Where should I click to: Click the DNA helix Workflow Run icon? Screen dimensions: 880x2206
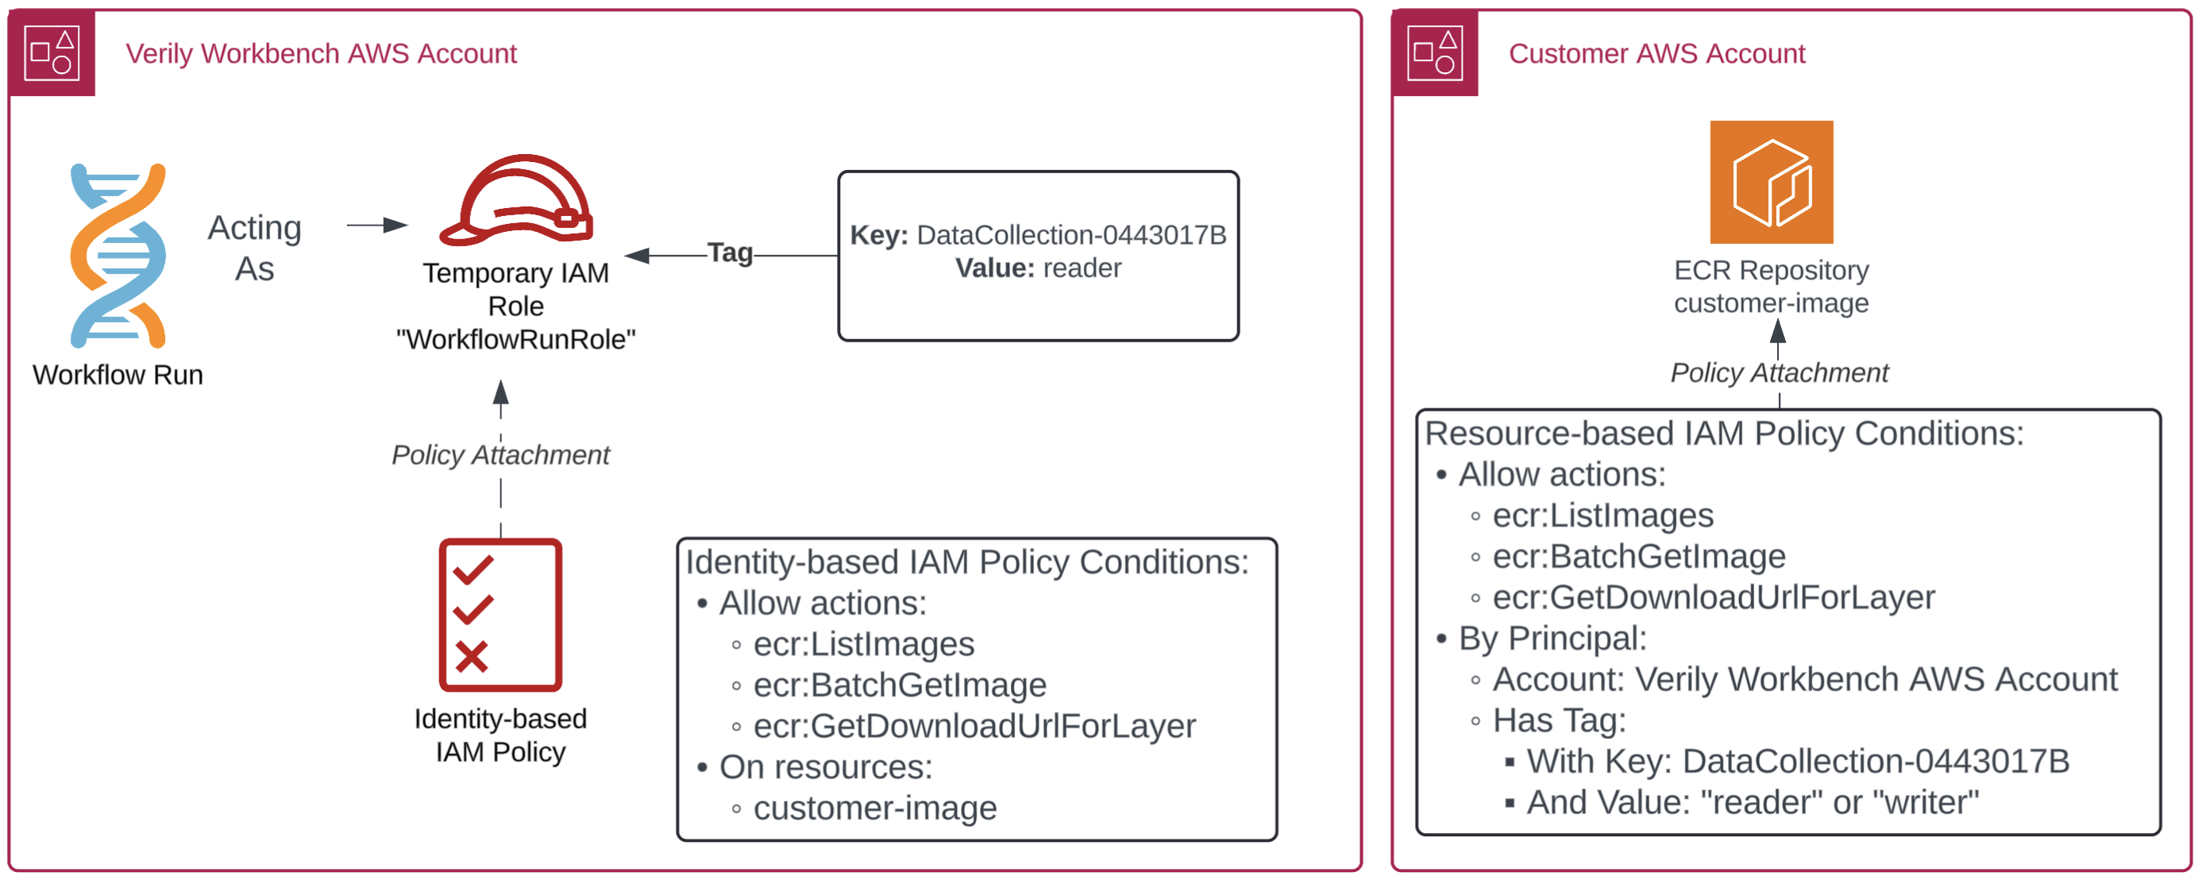[x=118, y=256]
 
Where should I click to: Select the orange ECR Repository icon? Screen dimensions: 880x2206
[x=1771, y=183]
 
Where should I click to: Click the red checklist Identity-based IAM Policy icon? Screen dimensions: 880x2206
[x=500, y=615]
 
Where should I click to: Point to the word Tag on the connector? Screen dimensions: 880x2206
[x=730, y=253]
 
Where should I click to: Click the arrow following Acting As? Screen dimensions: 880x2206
[x=377, y=226]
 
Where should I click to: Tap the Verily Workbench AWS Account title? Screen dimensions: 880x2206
[x=321, y=54]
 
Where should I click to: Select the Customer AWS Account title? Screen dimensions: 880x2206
[x=1656, y=54]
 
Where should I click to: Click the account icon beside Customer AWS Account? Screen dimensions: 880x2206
[x=1434, y=53]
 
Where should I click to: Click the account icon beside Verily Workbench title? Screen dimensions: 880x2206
[x=52, y=53]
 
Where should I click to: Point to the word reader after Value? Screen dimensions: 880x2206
[x=1082, y=268]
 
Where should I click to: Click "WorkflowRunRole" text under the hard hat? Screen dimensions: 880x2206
[x=515, y=339]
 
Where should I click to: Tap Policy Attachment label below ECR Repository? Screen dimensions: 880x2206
[x=1779, y=372]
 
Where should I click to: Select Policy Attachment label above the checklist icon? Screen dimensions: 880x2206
[x=500, y=455]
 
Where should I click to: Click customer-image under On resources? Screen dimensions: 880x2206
[x=874, y=808]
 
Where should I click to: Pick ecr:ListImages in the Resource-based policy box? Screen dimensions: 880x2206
[x=1602, y=515]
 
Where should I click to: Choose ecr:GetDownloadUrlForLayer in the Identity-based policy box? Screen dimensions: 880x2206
[x=974, y=727]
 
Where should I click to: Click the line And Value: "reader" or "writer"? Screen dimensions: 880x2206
[x=1752, y=803]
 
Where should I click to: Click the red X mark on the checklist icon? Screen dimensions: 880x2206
[x=471, y=657]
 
